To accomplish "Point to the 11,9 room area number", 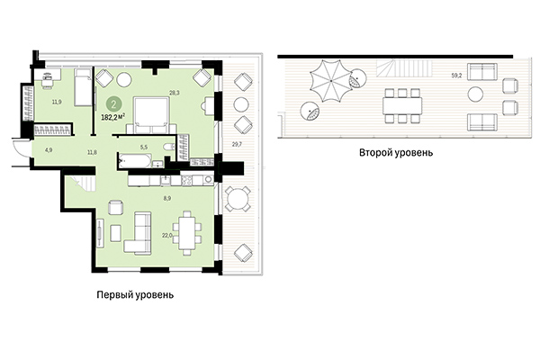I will pyautogui.click(x=57, y=103).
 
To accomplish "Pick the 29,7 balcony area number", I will pyautogui.click(x=238, y=145).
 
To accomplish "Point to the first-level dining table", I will pyautogui.click(x=187, y=230).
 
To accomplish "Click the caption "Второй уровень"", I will pyautogui.click(x=397, y=153).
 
